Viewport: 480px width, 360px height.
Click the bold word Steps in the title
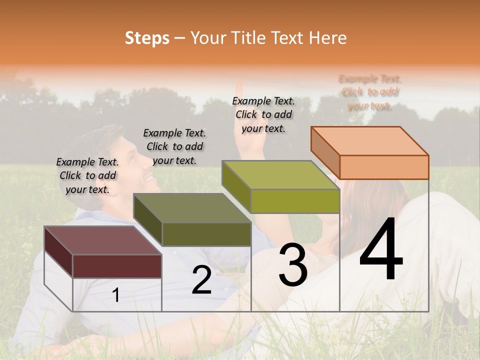(x=147, y=38)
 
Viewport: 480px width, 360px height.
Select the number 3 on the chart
(x=293, y=265)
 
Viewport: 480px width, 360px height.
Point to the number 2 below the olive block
(x=201, y=280)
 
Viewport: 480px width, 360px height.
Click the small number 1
(x=116, y=295)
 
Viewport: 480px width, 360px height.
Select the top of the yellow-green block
(x=280, y=175)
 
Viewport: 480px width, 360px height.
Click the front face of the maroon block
(x=117, y=266)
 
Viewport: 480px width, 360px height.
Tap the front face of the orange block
(x=384, y=167)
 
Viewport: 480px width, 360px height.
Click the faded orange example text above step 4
(x=370, y=92)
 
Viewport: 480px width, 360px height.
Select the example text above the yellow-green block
(x=263, y=114)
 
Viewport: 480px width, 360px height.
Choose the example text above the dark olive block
(x=174, y=146)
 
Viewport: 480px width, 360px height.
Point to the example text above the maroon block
(x=87, y=175)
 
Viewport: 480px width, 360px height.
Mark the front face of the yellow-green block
(x=295, y=201)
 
